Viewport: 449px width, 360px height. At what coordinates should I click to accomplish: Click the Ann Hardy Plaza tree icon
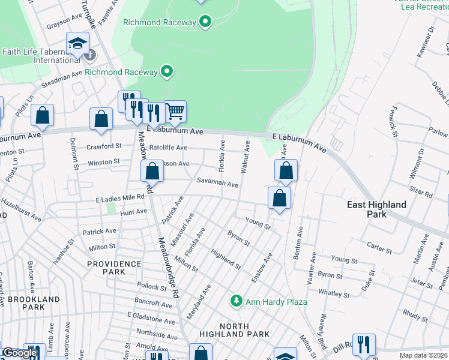click(237, 301)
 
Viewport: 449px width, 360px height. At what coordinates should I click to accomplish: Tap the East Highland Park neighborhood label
click(376, 209)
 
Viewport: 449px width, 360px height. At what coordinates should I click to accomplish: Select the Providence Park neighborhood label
click(113, 268)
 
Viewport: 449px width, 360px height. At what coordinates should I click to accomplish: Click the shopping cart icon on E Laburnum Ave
click(175, 110)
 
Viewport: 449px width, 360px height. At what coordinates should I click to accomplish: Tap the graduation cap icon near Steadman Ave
click(77, 43)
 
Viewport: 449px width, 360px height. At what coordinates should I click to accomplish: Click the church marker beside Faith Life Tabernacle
click(89, 55)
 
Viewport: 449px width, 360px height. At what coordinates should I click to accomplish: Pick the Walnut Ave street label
click(245, 157)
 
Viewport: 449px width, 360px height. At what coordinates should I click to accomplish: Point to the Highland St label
click(226, 259)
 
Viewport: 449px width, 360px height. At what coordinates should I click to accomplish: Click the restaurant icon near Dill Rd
click(363, 344)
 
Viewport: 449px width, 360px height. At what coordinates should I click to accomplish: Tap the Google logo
click(20, 353)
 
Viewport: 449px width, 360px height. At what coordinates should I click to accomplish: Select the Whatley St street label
click(334, 293)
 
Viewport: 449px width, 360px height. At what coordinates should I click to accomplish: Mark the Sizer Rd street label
click(420, 194)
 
